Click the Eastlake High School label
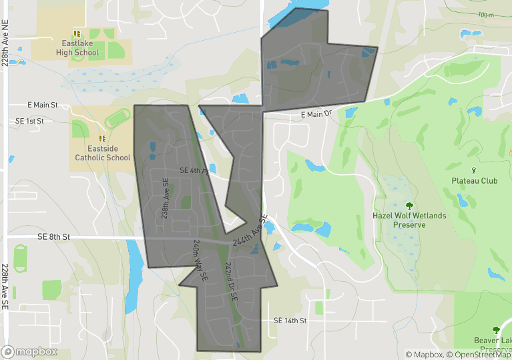(77, 48)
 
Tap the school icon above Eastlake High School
(77, 33)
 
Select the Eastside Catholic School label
(102, 154)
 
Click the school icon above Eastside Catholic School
(102, 138)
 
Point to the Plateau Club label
(474, 181)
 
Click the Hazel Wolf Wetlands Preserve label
(409, 220)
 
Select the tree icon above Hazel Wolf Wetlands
(409, 206)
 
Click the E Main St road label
(43, 106)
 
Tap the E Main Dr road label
(316, 114)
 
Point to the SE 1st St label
(29, 121)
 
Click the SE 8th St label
(54, 236)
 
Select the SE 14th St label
(290, 321)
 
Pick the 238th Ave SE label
(164, 200)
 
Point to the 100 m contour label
(485, 15)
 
